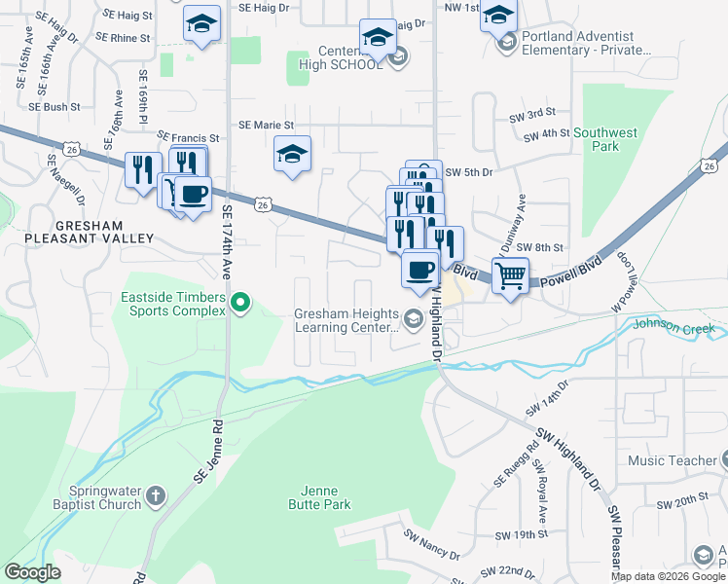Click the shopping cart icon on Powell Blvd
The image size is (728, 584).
tap(510, 275)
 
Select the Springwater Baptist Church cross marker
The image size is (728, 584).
tap(157, 499)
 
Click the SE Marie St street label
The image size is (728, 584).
tap(266, 125)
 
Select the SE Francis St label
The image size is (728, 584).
tap(189, 138)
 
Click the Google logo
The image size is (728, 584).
tap(32, 572)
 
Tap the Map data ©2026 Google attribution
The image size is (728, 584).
tap(669, 576)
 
